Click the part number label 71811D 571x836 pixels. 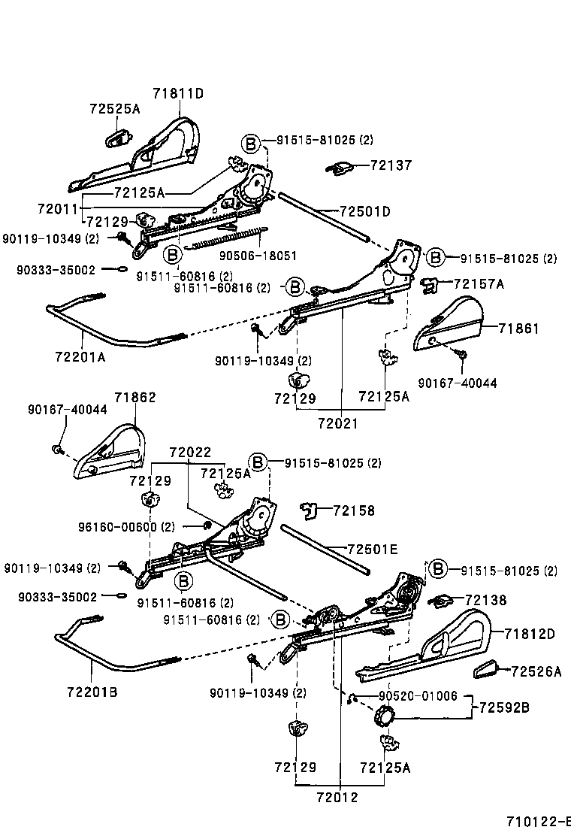179,93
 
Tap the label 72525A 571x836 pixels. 115,109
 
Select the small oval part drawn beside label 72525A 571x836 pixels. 116,138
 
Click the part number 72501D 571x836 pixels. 365,212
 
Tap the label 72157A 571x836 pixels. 479,283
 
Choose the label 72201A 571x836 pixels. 80,357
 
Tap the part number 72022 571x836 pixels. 190,453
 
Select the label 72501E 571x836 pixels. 373,549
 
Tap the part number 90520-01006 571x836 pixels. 418,696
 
